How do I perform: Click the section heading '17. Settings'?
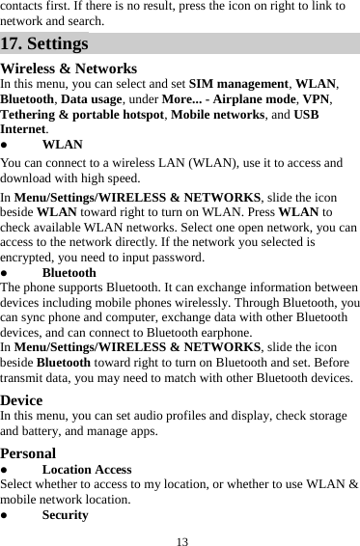45,44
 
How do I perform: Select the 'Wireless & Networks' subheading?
69,69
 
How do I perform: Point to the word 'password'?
172,258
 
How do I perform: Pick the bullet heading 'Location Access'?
87,470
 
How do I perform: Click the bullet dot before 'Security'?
6,515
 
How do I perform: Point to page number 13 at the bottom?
180,537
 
